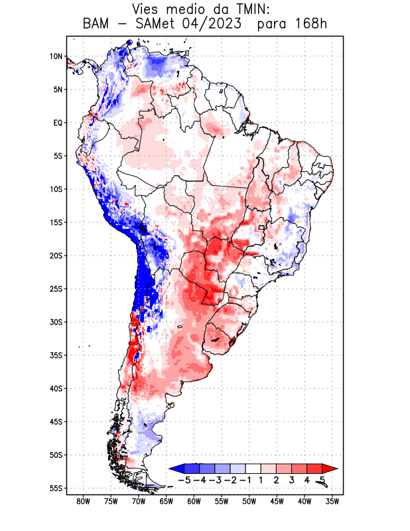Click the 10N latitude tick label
pos(56,56)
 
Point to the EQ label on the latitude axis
pos(58,123)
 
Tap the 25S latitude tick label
pos(56,289)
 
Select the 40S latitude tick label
pos(56,388)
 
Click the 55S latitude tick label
pos(56,488)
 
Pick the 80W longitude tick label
pos(83,501)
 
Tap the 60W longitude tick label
pos(194,501)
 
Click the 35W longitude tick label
pos(332,501)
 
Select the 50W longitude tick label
pos(249,501)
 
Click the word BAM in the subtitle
pos(98,24)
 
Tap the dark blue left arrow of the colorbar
pos(175,468)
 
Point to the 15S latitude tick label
pos(56,222)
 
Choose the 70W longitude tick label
pos(139,501)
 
